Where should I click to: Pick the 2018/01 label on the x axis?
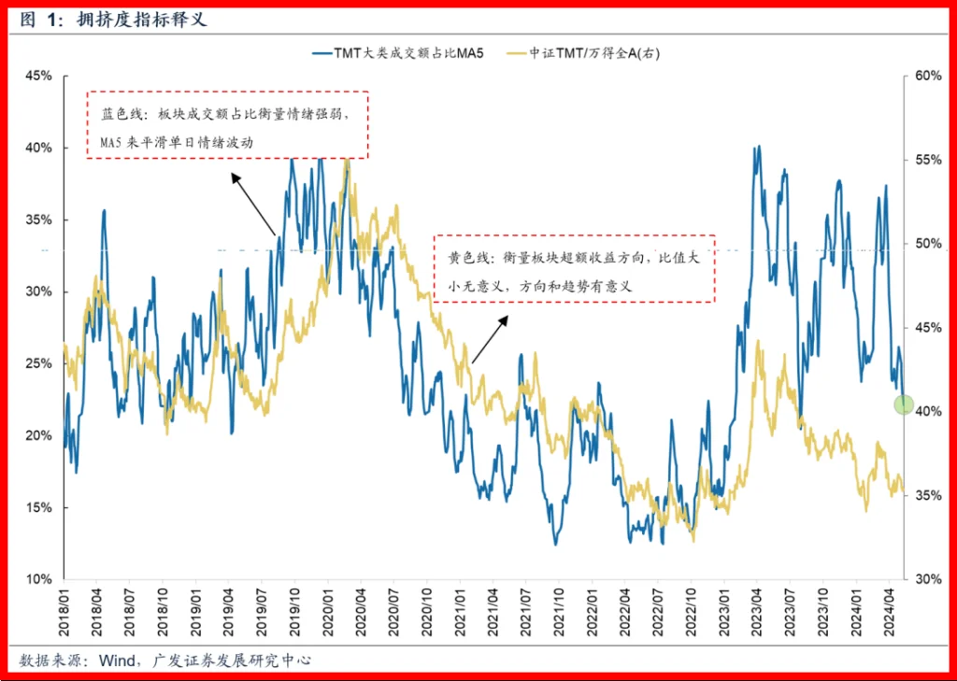point(64,613)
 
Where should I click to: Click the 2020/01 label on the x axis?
point(327,613)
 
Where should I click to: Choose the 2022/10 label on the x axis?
point(690,613)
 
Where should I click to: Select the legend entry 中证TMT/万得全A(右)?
point(591,53)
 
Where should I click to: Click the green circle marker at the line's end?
point(904,404)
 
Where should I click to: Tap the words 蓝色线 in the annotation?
point(122,115)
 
